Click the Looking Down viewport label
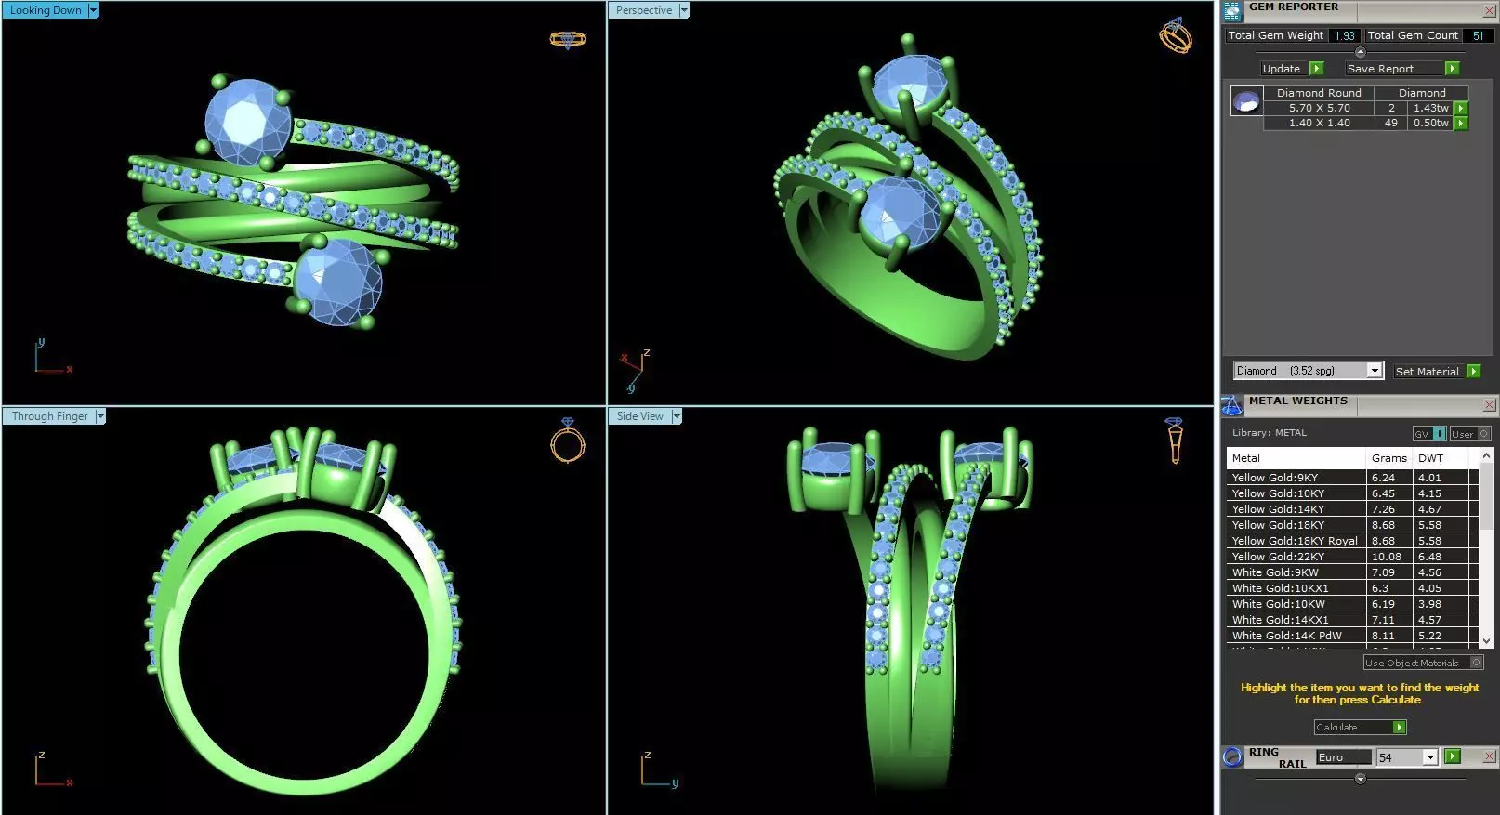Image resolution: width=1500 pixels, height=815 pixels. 46,10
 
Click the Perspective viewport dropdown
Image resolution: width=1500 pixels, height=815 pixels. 684,10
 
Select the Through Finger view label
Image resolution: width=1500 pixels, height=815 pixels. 49,416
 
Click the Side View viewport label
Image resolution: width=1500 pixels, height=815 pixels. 639,416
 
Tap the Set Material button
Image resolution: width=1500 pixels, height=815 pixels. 1427,371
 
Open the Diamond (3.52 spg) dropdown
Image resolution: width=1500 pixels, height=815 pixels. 1375,371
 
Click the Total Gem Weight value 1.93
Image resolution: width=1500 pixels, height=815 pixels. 1344,35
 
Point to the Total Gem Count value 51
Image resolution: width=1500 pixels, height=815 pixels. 1478,35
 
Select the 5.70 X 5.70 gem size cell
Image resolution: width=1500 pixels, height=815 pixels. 1319,108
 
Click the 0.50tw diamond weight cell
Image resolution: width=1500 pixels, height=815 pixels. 1430,123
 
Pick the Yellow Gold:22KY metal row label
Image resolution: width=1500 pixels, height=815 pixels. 1278,557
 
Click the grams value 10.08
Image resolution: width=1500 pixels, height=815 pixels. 1386,557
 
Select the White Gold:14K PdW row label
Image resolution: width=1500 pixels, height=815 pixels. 1286,636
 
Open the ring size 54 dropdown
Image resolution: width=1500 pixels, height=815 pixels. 1430,757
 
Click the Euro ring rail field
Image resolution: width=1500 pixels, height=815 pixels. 1342,757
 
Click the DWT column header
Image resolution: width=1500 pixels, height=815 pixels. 1430,458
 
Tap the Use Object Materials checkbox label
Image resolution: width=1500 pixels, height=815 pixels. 1412,663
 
